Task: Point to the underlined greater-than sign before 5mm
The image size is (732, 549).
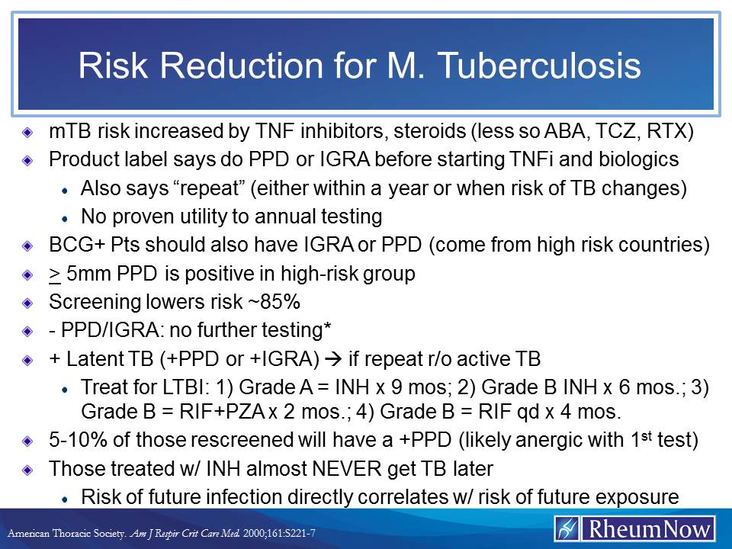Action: point(53,274)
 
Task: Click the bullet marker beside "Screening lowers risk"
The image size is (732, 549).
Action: point(27,303)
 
